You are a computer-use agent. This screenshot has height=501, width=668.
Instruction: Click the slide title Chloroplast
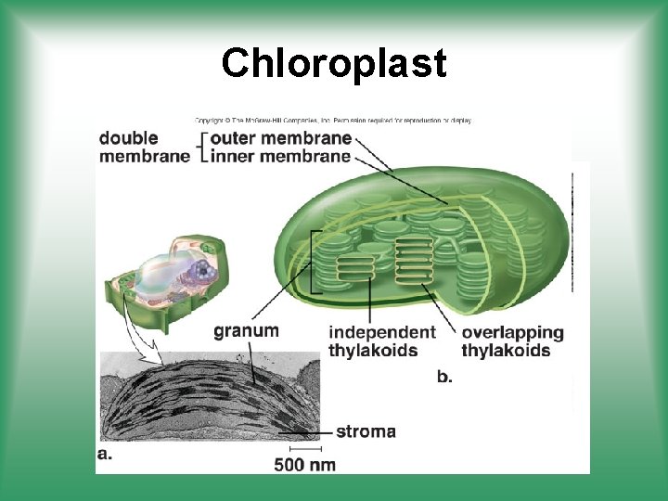coord(334,63)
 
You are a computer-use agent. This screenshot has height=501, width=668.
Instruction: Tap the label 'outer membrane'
coord(281,138)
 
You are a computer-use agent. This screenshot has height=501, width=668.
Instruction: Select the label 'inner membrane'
coord(281,156)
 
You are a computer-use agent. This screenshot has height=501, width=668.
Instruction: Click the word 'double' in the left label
coord(128,138)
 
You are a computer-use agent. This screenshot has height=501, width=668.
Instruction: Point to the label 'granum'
coord(246,330)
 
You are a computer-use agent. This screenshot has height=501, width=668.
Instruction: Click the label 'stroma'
coord(366,431)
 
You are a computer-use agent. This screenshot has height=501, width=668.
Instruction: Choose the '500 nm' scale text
coord(304,464)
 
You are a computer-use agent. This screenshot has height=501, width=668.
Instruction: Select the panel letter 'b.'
coord(444,377)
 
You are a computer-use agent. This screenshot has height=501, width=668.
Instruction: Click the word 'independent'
coord(382,332)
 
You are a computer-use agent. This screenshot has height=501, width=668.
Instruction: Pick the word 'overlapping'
coord(512,332)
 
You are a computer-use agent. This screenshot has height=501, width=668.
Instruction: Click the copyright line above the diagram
coord(333,120)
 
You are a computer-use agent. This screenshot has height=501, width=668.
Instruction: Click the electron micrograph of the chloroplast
coord(209,399)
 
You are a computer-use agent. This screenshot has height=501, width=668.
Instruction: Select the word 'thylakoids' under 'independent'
coord(373,350)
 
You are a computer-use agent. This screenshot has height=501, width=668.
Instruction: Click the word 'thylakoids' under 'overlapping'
coord(506,350)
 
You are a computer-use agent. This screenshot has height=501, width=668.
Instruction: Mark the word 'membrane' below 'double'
coord(144,156)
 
